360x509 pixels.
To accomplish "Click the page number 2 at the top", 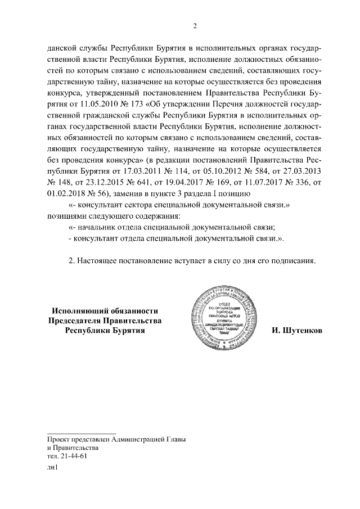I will [x=195, y=25].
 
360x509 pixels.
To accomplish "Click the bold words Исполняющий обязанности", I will [x=105, y=310].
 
